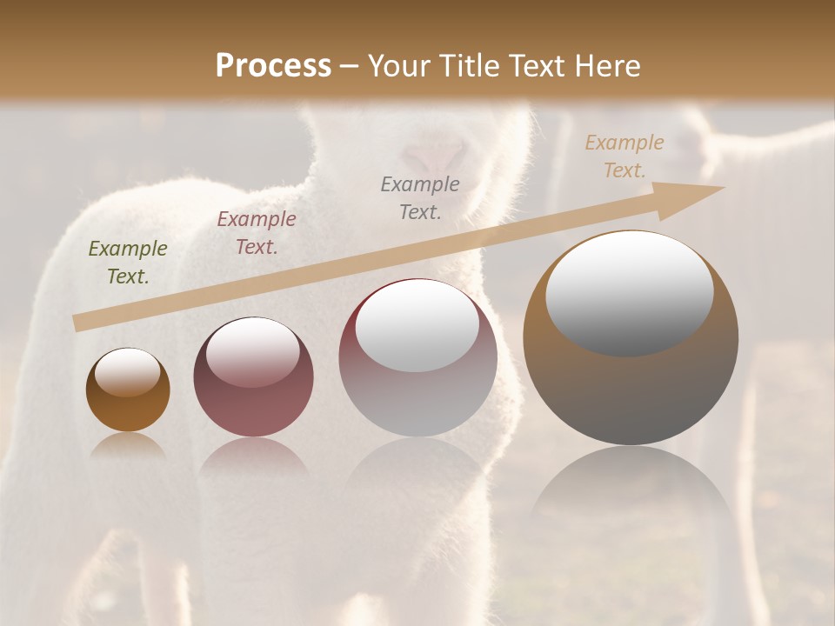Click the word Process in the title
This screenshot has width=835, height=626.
(x=273, y=66)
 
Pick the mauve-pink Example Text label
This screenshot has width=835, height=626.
(x=257, y=233)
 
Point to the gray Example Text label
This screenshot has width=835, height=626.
(x=420, y=197)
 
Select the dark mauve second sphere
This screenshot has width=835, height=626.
(x=253, y=409)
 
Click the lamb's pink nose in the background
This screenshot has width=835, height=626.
(x=432, y=156)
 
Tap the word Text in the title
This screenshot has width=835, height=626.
(x=537, y=66)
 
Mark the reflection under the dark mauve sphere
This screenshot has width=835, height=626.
(x=253, y=461)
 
